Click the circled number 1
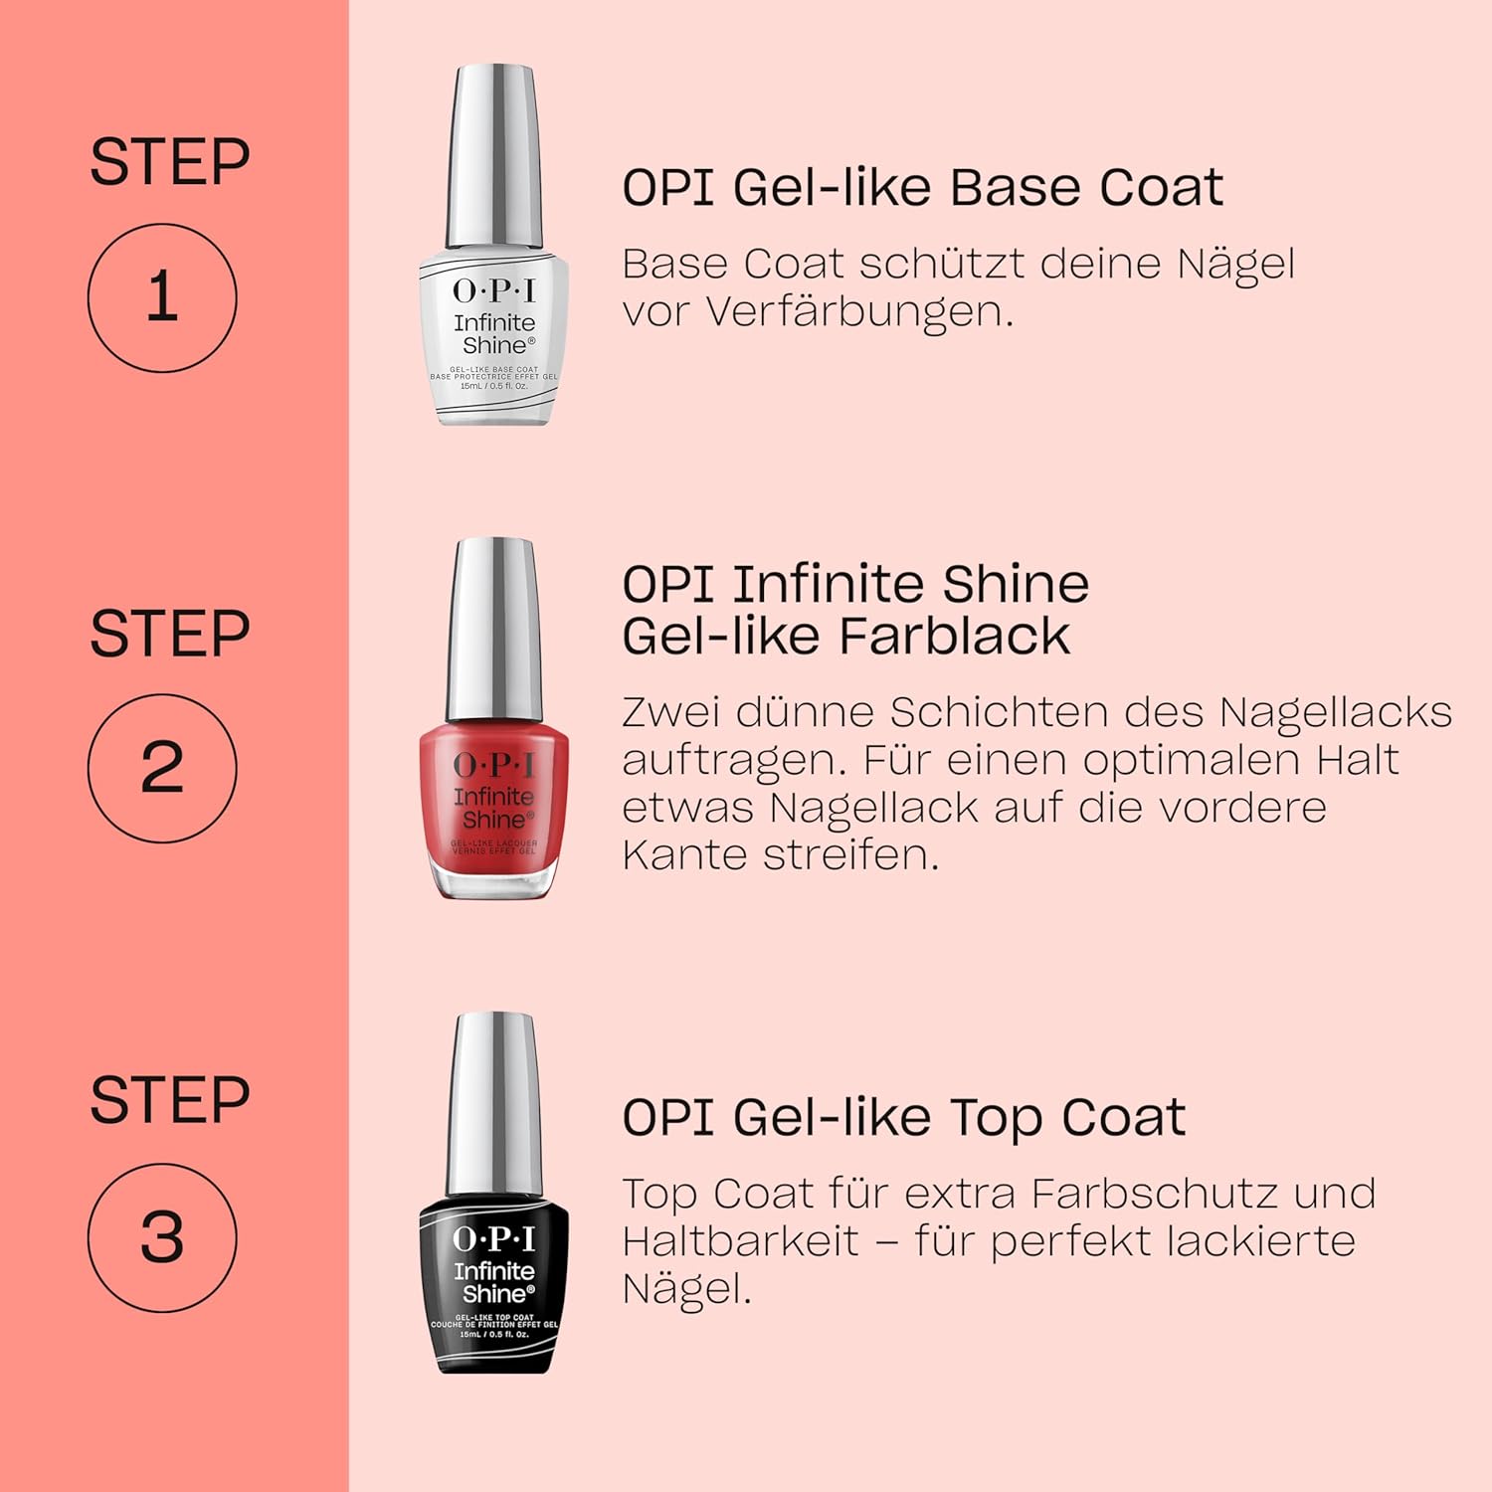coord(162,297)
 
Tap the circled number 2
coord(162,768)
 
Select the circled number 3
coord(162,1238)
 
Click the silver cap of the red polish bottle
coord(494,627)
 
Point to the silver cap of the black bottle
coord(494,1102)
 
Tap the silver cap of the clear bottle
coord(494,154)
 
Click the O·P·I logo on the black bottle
coord(494,1238)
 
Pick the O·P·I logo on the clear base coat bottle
coord(494,290)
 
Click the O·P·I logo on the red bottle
coord(494,764)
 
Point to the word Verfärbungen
coord(859,311)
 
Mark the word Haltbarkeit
coord(740,1241)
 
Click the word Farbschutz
coord(1154,1194)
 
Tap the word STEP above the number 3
coord(169,1100)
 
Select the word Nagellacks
coord(1335,712)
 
